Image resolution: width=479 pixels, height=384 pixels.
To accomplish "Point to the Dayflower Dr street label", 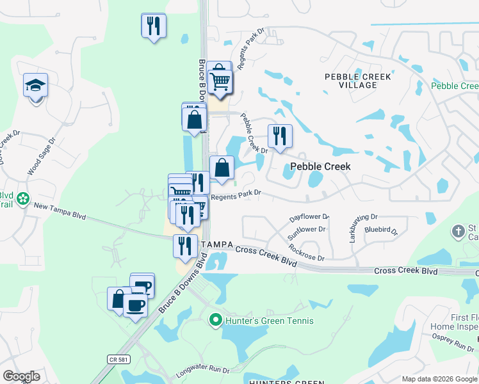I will tap(309, 218).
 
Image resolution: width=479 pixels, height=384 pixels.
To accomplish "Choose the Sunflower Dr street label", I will tap(307, 228).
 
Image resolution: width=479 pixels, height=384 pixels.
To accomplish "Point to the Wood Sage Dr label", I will tap(42, 156).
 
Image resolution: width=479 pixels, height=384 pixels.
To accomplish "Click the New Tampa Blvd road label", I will tap(60, 207).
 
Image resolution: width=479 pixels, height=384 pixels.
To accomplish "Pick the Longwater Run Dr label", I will tap(206, 370).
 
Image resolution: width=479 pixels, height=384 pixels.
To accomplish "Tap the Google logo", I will tap(21, 376).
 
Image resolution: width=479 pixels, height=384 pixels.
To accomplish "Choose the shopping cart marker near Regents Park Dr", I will tap(220, 81).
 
